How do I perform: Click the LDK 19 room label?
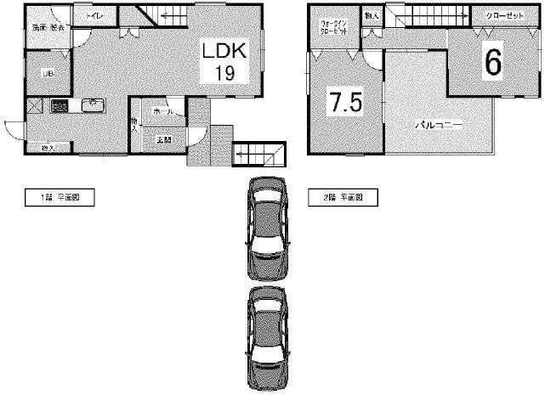[x=224, y=62]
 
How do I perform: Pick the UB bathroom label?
[x=38, y=73]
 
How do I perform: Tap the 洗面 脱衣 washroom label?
[x=48, y=28]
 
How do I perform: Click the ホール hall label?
[x=163, y=111]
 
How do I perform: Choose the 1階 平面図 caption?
[x=58, y=197]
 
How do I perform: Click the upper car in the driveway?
[x=268, y=221]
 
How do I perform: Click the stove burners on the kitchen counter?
[x=60, y=106]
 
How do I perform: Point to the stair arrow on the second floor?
[x=434, y=16]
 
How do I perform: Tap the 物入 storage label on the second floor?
[x=372, y=16]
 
